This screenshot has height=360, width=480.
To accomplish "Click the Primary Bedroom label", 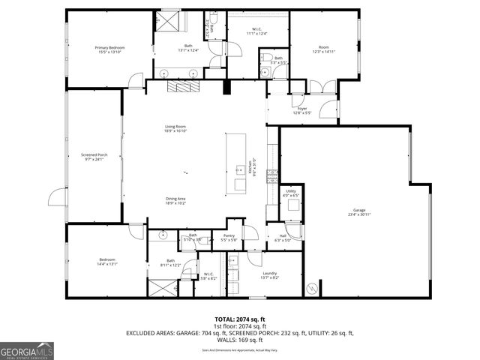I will (109, 48).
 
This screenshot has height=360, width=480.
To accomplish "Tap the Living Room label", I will (175, 127).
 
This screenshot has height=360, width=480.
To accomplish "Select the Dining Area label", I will (175, 199).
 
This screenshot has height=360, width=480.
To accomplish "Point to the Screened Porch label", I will (94, 155).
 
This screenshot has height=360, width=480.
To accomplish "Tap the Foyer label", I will (302, 109).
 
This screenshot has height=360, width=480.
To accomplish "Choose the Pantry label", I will (229, 236).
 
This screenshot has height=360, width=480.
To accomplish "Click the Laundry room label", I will (270, 274).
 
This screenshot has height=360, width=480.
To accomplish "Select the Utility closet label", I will (291, 192).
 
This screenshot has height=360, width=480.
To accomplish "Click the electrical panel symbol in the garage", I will (312, 288).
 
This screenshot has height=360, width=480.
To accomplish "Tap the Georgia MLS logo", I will (27, 350).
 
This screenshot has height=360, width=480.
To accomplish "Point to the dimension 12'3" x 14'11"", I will (325, 52).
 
